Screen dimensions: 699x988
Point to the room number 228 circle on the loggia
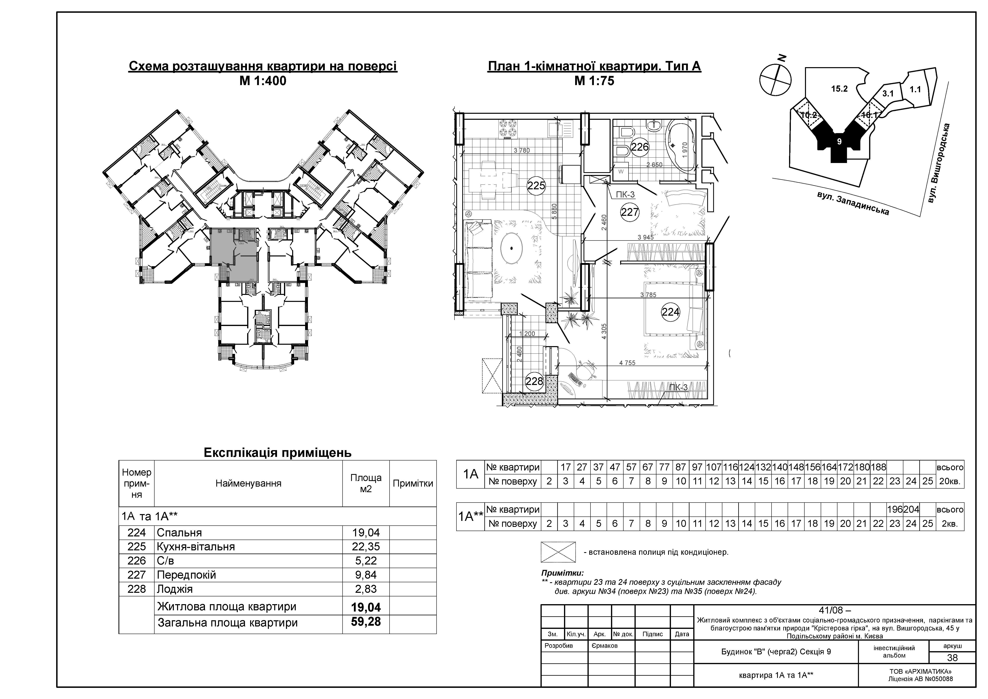point(535,381)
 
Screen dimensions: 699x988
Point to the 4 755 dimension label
point(627,363)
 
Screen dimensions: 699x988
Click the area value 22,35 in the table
point(366,547)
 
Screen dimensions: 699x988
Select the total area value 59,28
point(366,622)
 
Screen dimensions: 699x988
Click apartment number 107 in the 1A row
point(714,467)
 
